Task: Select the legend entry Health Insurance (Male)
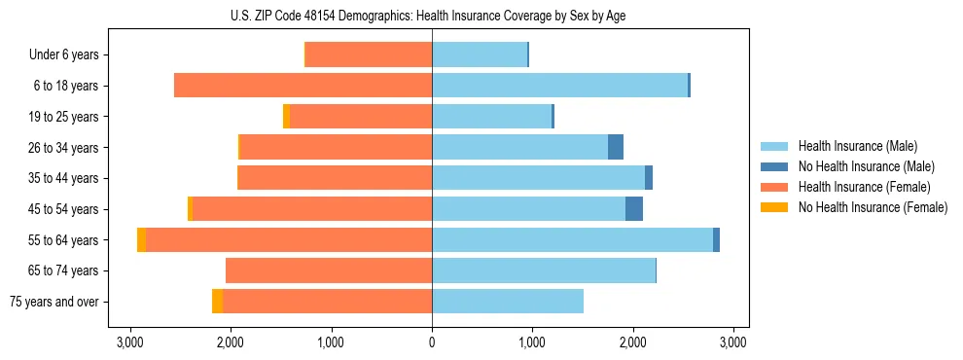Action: tap(857, 146)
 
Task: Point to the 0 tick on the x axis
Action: tap(432, 342)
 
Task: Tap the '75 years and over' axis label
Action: tap(54, 302)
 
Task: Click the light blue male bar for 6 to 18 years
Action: tap(559, 86)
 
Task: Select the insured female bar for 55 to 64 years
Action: tap(289, 239)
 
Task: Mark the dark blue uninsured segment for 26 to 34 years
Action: tap(616, 147)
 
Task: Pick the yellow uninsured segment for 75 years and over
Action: tap(217, 302)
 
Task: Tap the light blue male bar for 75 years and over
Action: tap(508, 302)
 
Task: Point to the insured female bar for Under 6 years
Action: tap(369, 55)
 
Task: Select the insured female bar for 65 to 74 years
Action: tap(329, 270)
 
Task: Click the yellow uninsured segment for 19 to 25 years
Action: tap(286, 117)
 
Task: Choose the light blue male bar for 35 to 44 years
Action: tap(538, 178)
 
